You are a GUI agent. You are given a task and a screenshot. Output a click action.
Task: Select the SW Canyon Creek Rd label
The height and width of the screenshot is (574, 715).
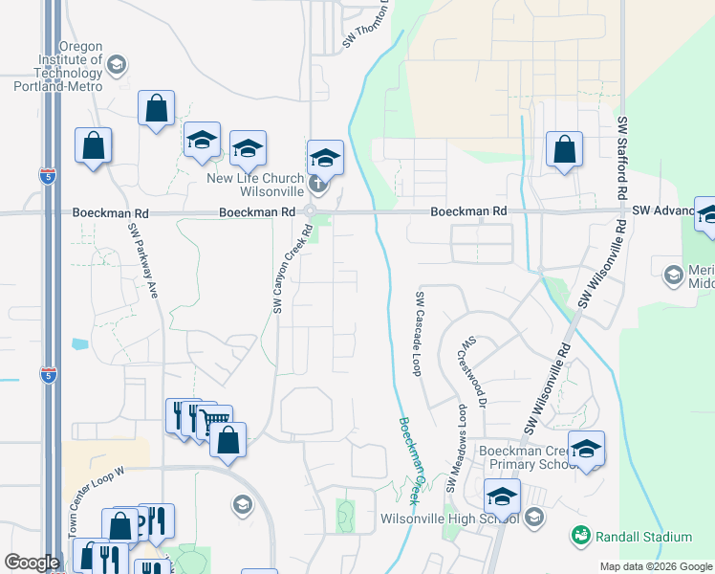click(x=280, y=269)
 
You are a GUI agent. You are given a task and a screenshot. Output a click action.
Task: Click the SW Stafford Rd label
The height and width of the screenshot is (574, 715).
click(x=622, y=158)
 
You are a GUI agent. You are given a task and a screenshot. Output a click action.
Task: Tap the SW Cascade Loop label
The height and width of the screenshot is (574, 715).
click(x=419, y=334)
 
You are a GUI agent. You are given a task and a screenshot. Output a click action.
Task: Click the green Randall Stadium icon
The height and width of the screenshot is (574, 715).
click(x=580, y=537)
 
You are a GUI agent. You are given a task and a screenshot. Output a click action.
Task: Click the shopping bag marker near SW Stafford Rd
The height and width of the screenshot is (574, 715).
click(x=564, y=148)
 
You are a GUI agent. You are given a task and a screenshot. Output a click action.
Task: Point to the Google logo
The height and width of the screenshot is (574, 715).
click(x=32, y=563)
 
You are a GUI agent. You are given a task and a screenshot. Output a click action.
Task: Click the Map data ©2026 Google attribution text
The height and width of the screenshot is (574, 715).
click(x=656, y=566)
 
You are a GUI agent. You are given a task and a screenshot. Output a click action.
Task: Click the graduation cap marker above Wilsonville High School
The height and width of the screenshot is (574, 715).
click(x=501, y=497)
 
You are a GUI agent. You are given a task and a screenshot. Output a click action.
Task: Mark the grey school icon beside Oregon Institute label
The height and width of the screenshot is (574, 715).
click(x=117, y=65)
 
